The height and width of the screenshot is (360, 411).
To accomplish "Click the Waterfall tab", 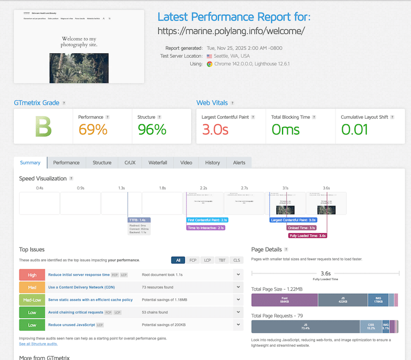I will point(158,163).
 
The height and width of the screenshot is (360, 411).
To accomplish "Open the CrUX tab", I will point(130,163).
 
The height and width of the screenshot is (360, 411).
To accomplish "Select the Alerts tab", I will point(239,163).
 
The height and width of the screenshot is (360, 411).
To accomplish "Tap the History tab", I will point(212,163).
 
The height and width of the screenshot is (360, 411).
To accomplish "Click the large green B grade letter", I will point(43,127).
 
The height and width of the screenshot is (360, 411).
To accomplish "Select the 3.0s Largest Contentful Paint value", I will point(215,129).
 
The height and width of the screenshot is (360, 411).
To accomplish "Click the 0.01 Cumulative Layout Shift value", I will point(355,129).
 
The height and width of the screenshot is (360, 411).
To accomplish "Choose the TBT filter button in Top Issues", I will point(221,260).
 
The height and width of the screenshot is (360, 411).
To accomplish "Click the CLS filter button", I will point(236,260).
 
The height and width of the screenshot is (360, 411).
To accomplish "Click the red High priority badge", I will point(32,275).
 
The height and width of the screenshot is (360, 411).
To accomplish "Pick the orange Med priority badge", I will point(32,287).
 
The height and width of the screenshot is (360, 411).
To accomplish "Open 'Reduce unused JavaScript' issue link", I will point(71,325).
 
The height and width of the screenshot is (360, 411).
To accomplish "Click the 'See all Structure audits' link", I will point(39,344).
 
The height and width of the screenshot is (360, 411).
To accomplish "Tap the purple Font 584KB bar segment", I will point(284,300).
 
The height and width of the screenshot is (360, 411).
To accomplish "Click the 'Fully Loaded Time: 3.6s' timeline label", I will point(307,236).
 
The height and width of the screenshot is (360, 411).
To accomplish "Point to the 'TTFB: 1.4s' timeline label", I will point(139,220).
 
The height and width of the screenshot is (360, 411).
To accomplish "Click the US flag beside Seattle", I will point(209,56).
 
